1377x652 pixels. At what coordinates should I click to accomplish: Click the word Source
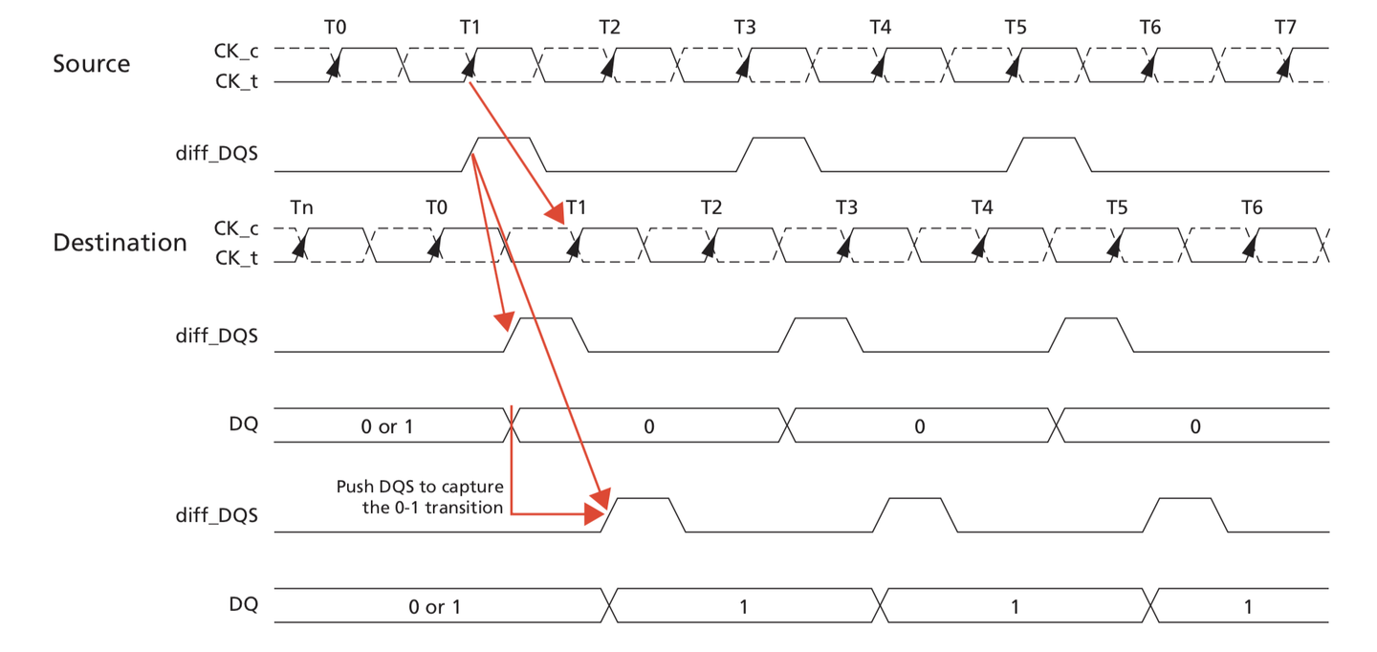(x=91, y=64)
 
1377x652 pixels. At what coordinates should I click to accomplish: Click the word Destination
(x=120, y=243)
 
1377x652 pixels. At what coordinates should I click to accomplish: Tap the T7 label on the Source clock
(x=1285, y=27)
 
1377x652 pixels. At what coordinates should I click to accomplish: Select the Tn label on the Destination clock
(x=302, y=206)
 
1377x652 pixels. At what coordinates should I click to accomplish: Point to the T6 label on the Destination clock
(x=1252, y=206)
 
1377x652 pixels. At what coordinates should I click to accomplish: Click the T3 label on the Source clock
(x=745, y=27)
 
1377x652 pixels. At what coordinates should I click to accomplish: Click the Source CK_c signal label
(x=235, y=48)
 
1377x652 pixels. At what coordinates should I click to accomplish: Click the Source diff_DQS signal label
(x=217, y=153)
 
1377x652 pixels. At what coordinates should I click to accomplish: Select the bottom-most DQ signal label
(x=243, y=604)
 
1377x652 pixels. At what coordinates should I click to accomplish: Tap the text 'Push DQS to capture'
(x=420, y=487)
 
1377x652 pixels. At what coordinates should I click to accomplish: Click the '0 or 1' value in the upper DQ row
(x=386, y=426)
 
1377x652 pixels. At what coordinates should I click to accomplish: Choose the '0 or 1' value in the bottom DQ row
(x=435, y=607)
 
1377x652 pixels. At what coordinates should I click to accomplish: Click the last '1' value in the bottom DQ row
(x=1248, y=607)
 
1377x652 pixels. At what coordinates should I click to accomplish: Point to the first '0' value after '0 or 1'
(x=648, y=426)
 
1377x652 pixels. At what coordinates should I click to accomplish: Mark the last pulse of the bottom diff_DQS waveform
(x=1191, y=514)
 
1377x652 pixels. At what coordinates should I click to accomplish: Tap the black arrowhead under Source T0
(x=334, y=66)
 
